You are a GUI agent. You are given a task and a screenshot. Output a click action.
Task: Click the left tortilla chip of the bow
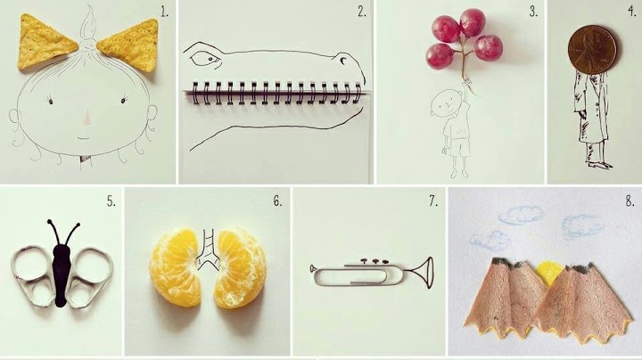click(45, 42)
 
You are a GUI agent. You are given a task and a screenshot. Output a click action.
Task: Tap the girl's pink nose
click(87, 118)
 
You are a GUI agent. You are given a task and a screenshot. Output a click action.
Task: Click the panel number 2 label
click(361, 12)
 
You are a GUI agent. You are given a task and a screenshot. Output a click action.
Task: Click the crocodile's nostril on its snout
click(342, 60)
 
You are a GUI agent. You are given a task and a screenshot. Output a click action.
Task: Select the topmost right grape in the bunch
click(473, 22)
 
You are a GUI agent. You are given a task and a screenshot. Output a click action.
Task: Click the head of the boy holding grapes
click(443, 102)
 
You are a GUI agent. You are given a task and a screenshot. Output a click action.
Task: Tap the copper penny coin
click(592, 50)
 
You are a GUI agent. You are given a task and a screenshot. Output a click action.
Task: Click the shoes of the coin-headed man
click(601, 165)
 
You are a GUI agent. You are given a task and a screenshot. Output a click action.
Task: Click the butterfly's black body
click(61, 275)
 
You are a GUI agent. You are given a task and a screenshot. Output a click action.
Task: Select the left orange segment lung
click(176, 267)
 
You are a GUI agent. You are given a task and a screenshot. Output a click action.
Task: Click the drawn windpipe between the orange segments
click(208, 250)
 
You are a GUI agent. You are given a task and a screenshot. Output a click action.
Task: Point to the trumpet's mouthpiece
click(312, 268)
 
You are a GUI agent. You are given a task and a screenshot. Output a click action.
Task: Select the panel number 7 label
click(433, 200)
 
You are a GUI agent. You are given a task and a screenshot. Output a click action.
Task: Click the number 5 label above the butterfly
click(111, 200)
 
